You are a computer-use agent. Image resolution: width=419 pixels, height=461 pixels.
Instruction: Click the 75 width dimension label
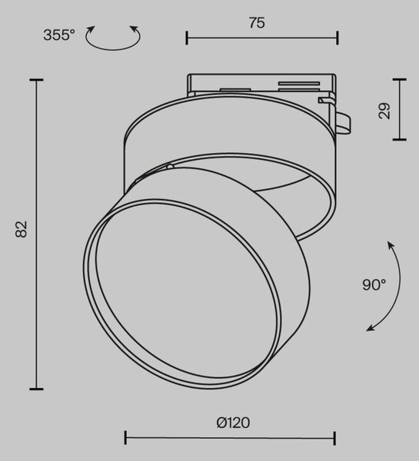[x=257, y=23]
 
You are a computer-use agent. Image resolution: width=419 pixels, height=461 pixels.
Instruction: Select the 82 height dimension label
[x=22, y=229]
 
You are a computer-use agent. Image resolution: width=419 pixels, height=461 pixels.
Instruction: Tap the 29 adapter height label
[x=384, y=111]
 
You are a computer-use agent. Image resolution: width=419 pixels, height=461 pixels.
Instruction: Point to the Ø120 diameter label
[x=233, y=423]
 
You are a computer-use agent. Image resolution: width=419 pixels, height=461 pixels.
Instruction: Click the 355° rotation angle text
[x=59, y=35]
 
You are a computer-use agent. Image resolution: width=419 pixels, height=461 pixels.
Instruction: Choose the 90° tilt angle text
[x=374, y=284]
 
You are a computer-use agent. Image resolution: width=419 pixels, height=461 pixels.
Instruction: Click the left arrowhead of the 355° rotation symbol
[x=91, y=29]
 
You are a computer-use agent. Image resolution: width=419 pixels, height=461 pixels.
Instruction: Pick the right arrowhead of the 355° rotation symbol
[x=135, y=29]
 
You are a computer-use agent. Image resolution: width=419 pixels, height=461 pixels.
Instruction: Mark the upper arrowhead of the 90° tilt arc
[x=391, y=244]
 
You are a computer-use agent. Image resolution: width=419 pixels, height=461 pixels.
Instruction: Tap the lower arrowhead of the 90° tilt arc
[x=371, y=328]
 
